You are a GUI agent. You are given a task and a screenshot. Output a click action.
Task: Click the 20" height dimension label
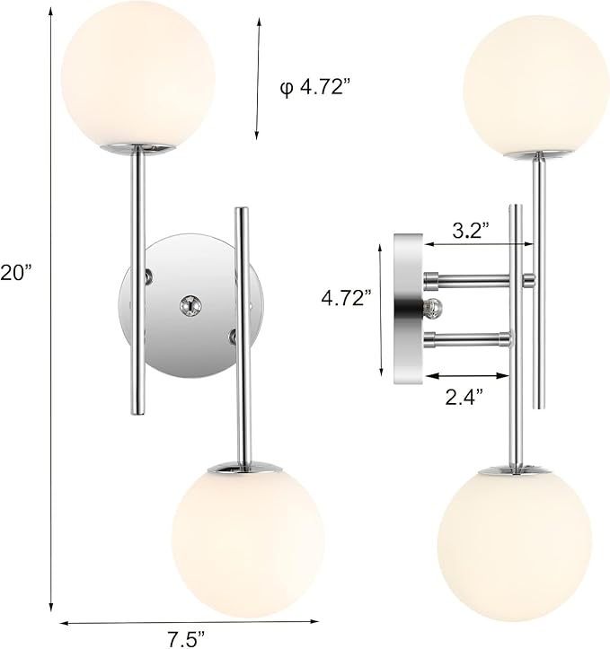tap(15, 272)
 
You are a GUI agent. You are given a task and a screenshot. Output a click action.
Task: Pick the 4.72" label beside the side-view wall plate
tap(346, 300)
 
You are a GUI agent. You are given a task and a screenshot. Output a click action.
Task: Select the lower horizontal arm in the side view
tap(468, 338)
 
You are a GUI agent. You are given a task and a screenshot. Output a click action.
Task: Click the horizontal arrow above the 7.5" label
tap(190, 620)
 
